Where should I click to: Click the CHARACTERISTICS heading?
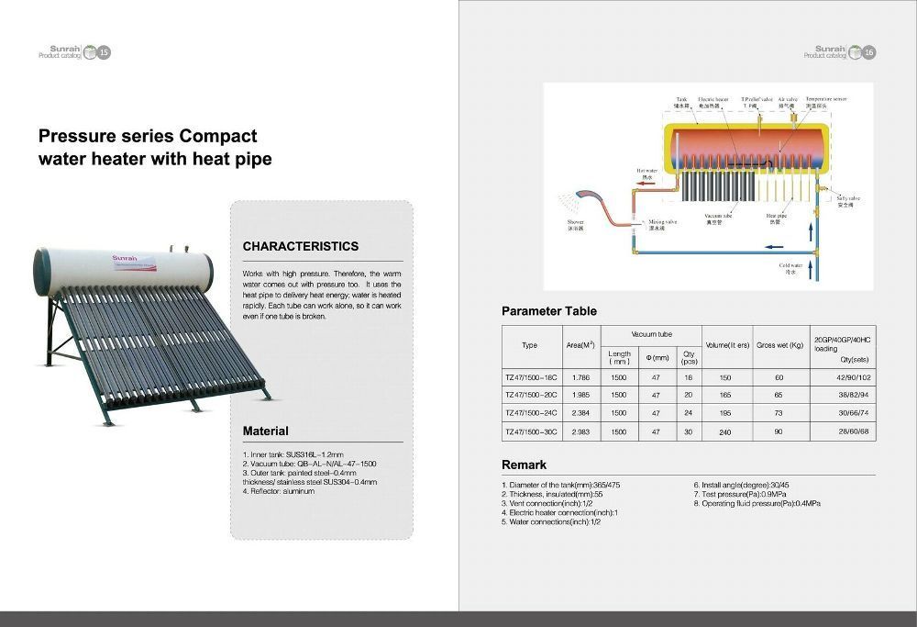pos(300,246)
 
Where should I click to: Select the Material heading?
pos(265,431)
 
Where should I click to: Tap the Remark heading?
pos(524,465)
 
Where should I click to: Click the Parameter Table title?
pos(548,311)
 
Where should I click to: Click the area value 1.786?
pos(580,377)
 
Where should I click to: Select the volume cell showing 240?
pos(725,431)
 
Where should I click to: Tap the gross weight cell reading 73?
pos(779,413)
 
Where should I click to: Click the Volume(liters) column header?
pos(726,345)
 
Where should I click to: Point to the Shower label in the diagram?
pos(575,224)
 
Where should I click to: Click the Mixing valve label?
pos(663,224)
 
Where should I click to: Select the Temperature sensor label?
pos(825,102)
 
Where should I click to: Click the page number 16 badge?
pos(867,52)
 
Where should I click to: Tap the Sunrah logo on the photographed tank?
pos(124,258)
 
